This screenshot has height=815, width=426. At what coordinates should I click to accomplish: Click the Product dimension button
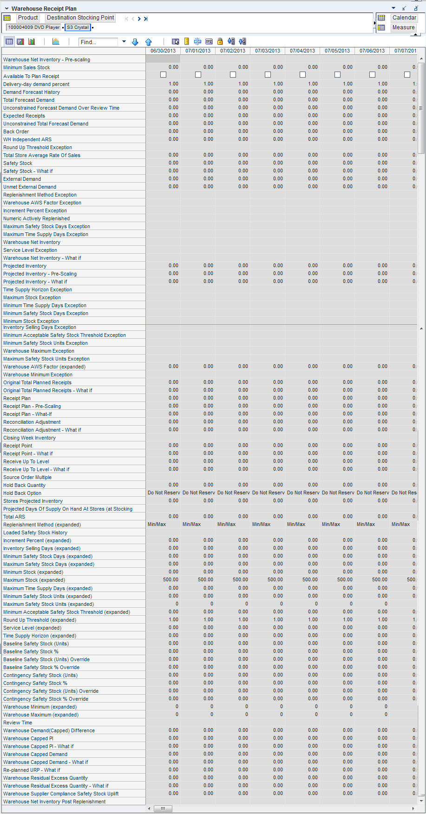[28, 18]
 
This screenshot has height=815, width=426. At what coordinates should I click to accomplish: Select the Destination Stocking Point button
[80, 18]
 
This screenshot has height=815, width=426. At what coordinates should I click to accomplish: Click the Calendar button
[404, 18]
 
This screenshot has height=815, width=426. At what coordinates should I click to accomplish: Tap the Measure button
[403, 27]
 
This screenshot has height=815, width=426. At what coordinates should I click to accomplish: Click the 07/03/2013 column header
[268, 51]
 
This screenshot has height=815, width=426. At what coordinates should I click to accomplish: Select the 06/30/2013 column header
[163, 51]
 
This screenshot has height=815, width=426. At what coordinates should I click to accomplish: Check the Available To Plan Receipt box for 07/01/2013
[198, 75]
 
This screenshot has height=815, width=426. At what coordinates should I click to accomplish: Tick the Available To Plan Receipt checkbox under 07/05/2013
[338, 75]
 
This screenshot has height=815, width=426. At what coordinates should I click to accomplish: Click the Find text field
[98, 42]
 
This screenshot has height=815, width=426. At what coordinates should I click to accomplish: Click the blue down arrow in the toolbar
[135, 42]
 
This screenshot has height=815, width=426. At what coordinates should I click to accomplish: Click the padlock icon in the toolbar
[220, 41]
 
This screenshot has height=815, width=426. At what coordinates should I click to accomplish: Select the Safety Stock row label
[18, 163]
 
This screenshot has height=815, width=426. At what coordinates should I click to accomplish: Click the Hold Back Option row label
[22, 493]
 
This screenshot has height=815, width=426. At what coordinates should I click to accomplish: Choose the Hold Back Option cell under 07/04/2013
[303, 493]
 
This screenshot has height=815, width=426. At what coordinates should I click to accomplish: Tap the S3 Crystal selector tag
[78, 27]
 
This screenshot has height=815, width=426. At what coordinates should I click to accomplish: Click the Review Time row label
[18, 723]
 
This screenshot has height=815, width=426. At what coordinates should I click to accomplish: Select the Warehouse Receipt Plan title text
[44, 8]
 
